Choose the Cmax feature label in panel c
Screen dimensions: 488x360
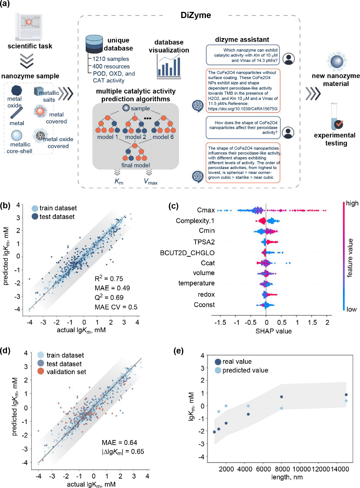click(194, 211)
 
